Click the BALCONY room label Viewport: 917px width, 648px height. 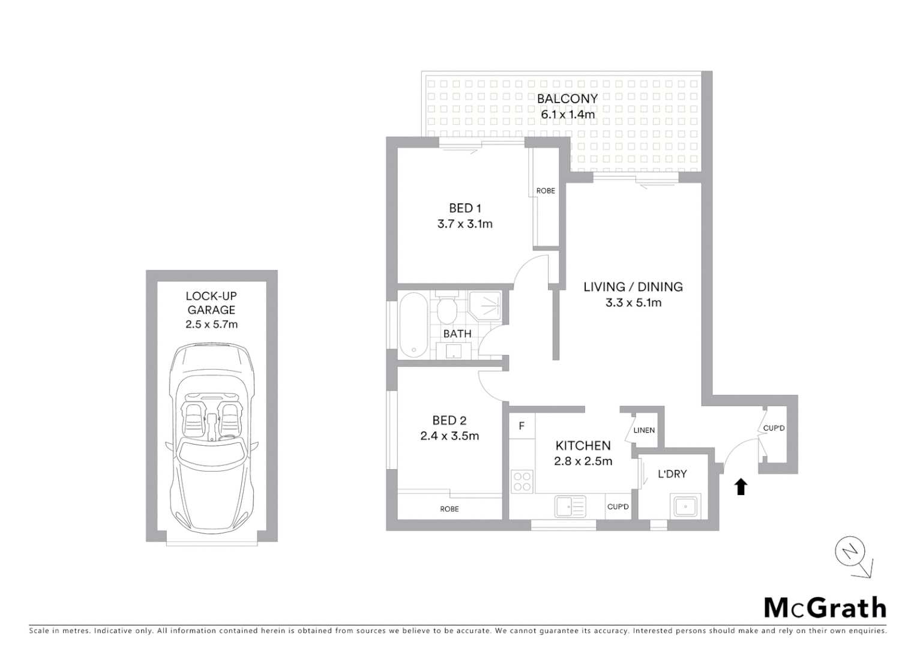567,98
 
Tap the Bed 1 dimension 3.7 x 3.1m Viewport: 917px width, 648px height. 465,224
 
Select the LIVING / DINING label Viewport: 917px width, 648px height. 633,287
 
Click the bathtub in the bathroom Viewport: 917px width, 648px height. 412,325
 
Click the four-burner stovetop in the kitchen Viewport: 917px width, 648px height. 522,481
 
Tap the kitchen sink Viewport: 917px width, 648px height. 570,506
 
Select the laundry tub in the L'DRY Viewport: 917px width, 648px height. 685,506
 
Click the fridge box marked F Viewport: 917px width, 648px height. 522,426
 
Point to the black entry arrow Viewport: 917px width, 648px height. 741,487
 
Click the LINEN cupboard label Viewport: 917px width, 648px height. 644,430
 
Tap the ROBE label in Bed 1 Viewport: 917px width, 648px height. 546,191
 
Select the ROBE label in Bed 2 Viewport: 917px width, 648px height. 449,509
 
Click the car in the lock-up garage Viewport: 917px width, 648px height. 211,438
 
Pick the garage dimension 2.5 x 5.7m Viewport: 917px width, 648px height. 211,325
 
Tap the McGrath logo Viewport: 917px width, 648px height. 825,608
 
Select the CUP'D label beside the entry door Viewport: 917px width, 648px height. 774,428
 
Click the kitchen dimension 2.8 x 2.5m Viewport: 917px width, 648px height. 583,461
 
